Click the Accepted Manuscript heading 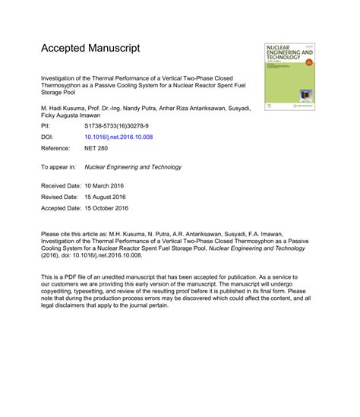coord(90,48)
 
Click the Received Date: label coord(62,185)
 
